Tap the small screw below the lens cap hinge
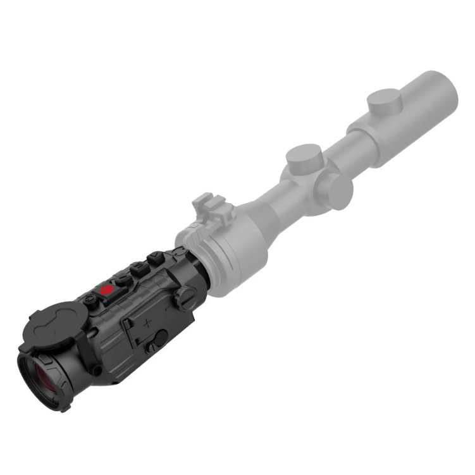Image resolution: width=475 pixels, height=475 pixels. (96, 370)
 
